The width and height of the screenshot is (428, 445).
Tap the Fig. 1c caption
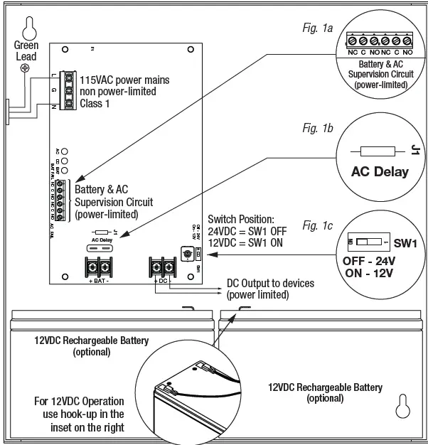click(x=318, y=225)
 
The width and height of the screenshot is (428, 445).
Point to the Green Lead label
click(x=26, y=50)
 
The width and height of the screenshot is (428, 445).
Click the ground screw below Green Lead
click(x=26, y=68)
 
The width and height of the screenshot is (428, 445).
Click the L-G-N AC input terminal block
click(x=69, y=90)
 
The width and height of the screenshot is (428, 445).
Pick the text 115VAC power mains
click(x=124, y=80)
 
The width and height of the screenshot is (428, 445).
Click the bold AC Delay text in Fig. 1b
click(x=380, y=171)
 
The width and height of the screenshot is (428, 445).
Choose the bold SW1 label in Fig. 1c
click(x=404, y=243)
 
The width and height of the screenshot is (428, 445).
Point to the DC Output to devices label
click(x=272, y=284)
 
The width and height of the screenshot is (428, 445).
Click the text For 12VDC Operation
click(x=80, y=401)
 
